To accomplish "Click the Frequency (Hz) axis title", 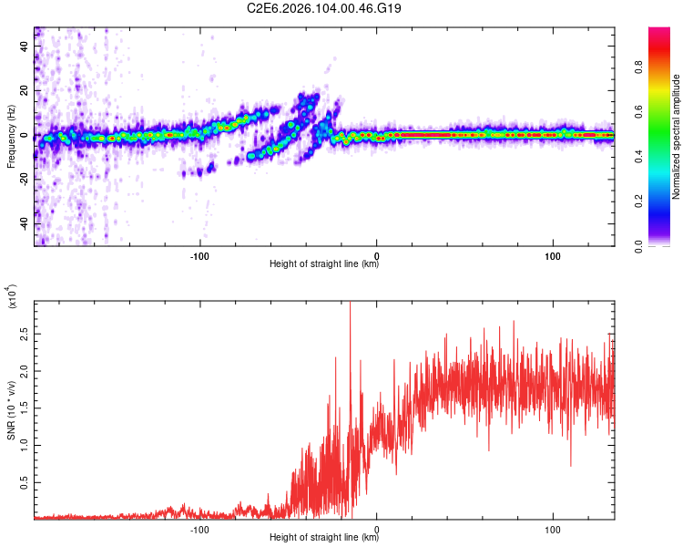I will [x=11, y=136].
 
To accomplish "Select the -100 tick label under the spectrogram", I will [x=199, y=254].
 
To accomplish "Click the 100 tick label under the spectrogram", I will [x=553, y=254].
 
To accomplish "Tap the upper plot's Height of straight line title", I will [x=324, y=264].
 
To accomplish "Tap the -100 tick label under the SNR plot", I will [x=199, y=528].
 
